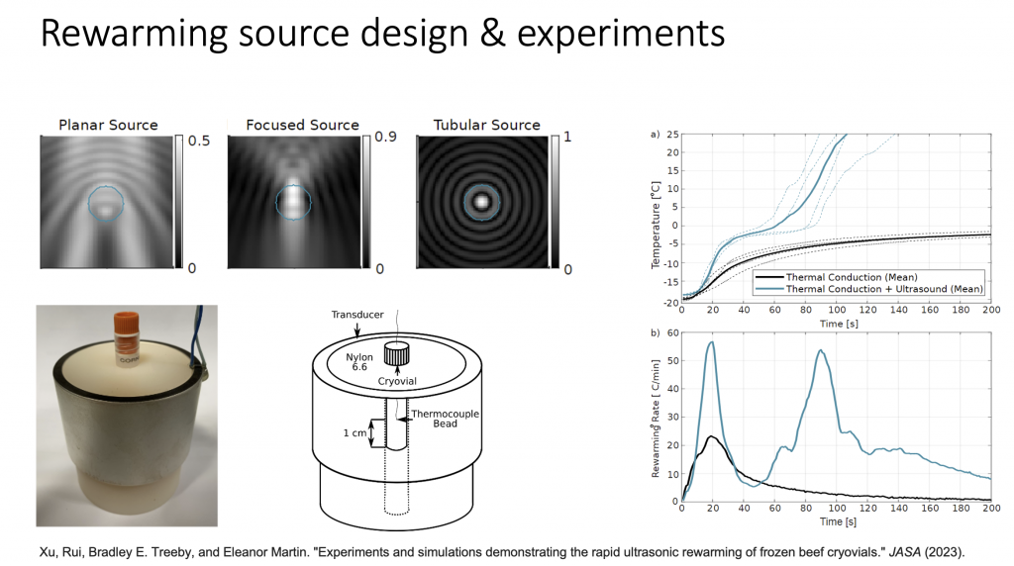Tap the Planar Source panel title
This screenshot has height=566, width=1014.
[108, 125]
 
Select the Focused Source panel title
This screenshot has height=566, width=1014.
[302, 125]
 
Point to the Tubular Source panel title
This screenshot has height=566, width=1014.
[486, 125]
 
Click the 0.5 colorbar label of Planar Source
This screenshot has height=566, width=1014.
[198, 141]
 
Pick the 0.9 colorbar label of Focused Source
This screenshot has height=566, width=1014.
[385, 137]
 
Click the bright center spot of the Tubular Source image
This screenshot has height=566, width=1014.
[481, 202]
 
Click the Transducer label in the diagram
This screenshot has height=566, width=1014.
[356, 315]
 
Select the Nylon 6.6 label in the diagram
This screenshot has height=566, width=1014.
[358, 362]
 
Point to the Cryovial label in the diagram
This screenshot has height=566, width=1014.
[397, 381]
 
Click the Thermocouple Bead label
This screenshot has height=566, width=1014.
[445, 419]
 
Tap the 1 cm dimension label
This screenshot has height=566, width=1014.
[355, 432]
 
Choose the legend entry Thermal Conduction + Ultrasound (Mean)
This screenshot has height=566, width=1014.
[884, 289]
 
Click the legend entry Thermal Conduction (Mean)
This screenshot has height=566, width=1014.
[851, 277]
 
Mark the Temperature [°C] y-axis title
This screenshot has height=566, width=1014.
[656, 225]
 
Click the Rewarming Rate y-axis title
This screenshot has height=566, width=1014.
[656, 419]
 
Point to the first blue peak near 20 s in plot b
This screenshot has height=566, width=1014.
[711, 341]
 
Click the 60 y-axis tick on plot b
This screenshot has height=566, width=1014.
[672, 333]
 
